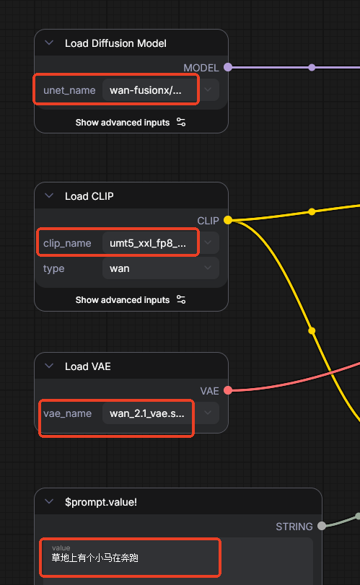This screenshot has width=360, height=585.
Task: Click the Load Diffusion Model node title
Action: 115,43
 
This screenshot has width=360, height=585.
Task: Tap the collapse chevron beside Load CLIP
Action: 49,195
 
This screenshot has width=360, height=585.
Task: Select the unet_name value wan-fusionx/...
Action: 146,90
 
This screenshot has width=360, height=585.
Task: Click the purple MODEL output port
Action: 228,68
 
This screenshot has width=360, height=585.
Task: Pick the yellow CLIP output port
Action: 228,220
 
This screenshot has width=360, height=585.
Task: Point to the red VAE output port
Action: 228,391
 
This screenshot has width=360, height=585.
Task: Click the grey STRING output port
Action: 322,526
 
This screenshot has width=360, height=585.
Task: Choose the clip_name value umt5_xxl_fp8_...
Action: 148,243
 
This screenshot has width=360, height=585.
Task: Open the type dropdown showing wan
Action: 160,268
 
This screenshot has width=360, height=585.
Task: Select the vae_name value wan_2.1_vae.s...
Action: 147,413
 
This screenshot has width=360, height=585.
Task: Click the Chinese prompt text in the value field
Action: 95,558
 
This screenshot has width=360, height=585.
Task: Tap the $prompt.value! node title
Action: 101,502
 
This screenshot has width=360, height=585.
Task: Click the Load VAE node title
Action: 88,366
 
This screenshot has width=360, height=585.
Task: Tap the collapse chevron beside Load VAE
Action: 49,366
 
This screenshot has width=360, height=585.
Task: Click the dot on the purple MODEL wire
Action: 312,68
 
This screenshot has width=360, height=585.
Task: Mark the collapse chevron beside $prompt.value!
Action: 49,501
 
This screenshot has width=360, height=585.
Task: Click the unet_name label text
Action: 69,90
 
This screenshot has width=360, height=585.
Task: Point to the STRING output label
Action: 294,527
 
